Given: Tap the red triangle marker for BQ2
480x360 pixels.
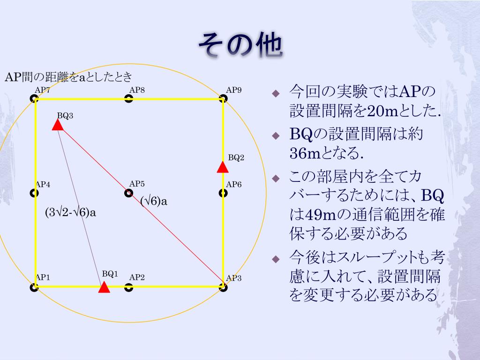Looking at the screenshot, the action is coord(223,167).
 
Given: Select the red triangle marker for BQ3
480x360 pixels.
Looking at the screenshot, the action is coord(58,124).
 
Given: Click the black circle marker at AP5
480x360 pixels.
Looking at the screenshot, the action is coord(128,193).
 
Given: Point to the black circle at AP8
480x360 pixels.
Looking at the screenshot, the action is coord(128,98).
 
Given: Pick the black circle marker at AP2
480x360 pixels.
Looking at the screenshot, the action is coord(128,287).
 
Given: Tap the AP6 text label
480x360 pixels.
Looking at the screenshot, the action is coord(234,184).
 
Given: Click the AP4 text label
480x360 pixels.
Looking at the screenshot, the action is coord(43,184).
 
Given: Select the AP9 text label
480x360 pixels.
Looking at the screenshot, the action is coord(234,90).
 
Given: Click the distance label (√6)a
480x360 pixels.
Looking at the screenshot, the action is coord(154,202).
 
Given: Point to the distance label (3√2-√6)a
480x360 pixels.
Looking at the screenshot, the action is coord(70,212).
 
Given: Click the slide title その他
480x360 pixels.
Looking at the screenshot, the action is coord(240,45).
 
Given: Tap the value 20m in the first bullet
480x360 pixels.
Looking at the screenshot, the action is coord(380,111).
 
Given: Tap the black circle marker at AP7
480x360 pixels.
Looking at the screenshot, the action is coord(34,98).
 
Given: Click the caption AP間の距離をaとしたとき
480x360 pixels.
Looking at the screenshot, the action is coord(68,77).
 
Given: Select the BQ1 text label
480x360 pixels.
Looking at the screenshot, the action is coord(110,273).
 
